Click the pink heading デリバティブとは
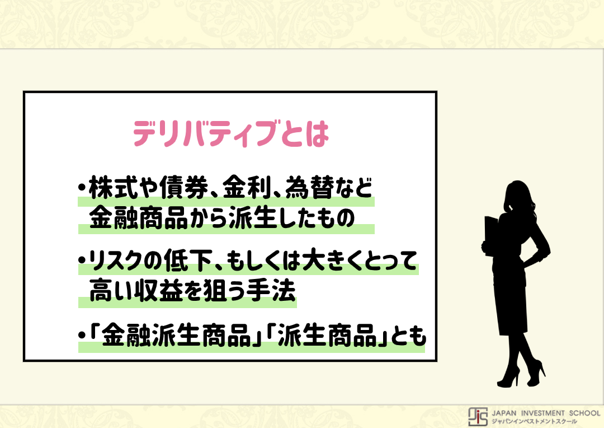pyautogui.click(x=231, y=133)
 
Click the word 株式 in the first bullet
pyautogui.click(x=113, y=187)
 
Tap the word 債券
pyautogui.click(x=184, y=187)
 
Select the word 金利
pyautogui.click(x=247, y=187)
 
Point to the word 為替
pyautogui.click(x=309, y=187)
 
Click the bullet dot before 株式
pyautogui.click(x=81, y=188)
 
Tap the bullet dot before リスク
pyautogui.click(x=81, y=260)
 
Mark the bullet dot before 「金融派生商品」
pyautogui.click(x=81, y=334)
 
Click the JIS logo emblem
pyautogui.click(x=478, y=417)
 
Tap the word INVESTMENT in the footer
pyautogui.click(x=542, y=413)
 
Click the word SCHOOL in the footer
pyautogui.click(x=585, y=413)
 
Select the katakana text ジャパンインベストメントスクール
pyautogui.click(x=534, y=421)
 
